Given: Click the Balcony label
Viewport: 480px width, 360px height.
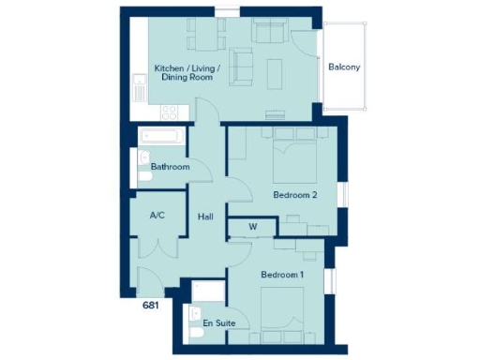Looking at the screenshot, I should [344, 67].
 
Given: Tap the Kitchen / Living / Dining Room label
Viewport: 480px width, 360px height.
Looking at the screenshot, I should [184, 72].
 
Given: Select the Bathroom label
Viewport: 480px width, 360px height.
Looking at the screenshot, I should [171, 167].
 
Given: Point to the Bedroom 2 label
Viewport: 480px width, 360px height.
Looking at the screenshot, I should [295, 195].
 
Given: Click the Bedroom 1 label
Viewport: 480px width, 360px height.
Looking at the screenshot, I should [282, 274].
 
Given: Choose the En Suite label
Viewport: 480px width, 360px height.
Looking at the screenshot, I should [218, 323].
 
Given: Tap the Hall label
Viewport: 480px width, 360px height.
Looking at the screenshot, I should [206, 217].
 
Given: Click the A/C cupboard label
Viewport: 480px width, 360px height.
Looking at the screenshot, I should [157, 216].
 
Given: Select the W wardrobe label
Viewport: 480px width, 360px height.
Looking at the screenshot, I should [253, 225].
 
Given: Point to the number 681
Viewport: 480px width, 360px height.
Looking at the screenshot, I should [150, 305].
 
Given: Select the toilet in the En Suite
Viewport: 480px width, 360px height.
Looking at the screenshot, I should [196, 315].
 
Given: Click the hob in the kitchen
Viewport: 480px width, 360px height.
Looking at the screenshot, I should [171, 111].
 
